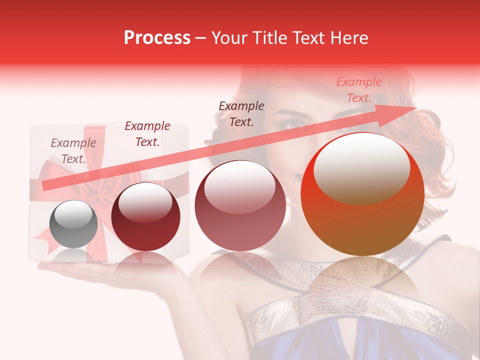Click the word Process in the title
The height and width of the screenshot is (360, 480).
[x=157, y=38]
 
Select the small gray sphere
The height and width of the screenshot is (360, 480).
[x=74, y=224]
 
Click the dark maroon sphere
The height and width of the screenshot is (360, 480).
[x=145, y=216]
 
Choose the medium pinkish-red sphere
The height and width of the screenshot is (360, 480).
[x=240, y=205]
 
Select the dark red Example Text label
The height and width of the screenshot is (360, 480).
[x=147, y=134]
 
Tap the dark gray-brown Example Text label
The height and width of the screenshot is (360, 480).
[x=241, y=113]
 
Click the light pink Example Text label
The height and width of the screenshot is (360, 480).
[x=358, y=90]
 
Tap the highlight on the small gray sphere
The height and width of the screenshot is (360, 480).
[x=75, y=215]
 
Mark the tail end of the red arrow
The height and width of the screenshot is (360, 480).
[x=45, y=186]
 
